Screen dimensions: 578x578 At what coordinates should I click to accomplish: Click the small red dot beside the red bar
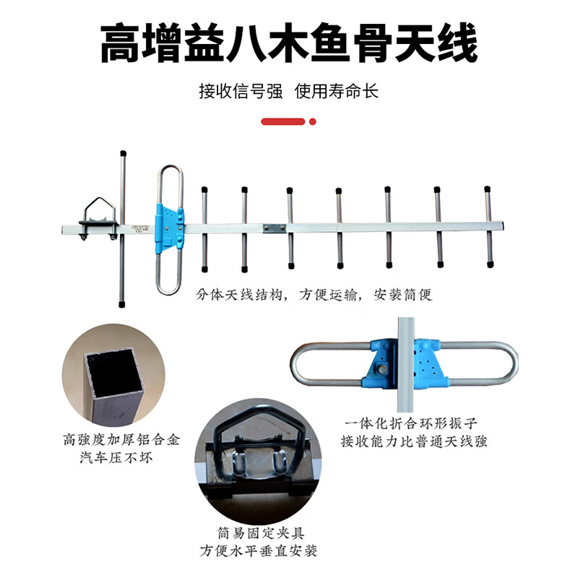coord(313,122)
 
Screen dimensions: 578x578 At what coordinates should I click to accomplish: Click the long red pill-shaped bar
coord(282,122)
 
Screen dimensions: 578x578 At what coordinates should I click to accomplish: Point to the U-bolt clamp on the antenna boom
coord(100,217)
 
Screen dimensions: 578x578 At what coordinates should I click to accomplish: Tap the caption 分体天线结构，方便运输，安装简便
coord(314,296)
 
